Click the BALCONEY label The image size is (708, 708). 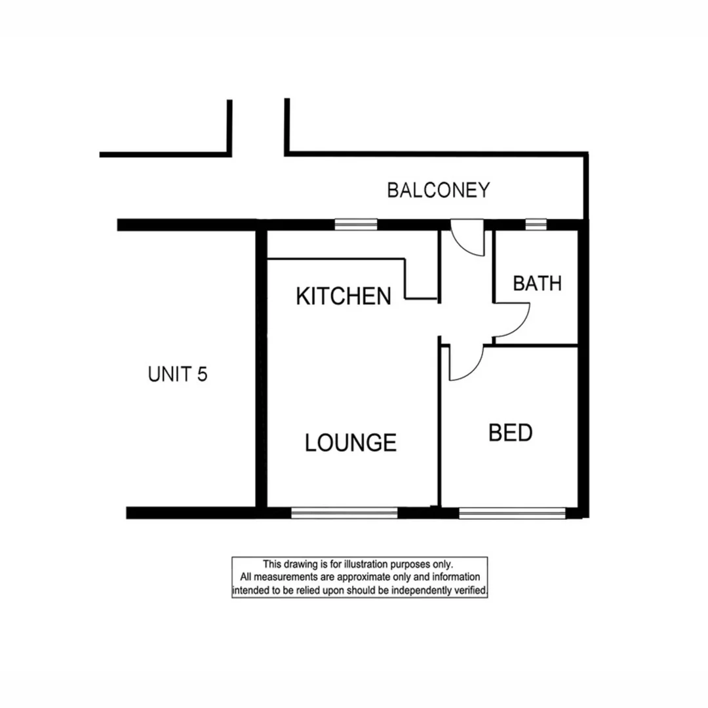coord(438,190)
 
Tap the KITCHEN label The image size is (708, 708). coord(344,296)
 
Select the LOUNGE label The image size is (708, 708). coord(351,443)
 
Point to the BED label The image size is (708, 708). coord(511,433)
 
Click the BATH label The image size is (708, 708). coord(537,284)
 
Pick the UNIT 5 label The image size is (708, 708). coord(178,374)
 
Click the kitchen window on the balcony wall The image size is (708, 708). coord(356,224)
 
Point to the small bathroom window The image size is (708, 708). coord(536,224)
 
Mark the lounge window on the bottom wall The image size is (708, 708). coord(344,513)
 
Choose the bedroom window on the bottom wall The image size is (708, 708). coord(511,513)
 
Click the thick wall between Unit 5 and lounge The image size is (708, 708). coord(260,367)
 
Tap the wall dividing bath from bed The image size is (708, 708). coord(534,345)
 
